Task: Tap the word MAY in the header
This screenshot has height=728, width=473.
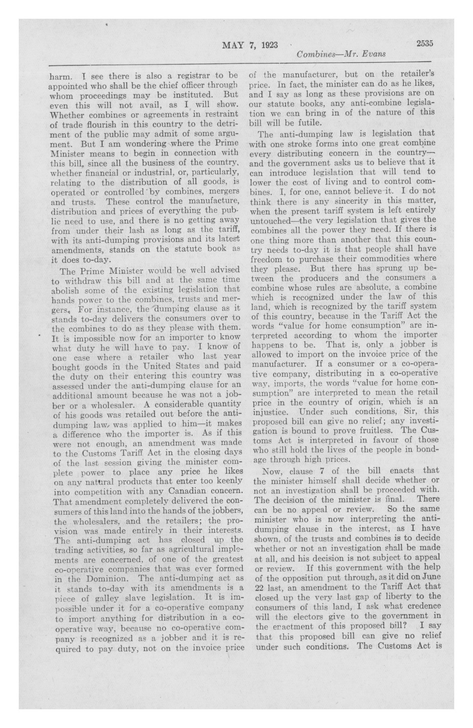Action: (233, 45)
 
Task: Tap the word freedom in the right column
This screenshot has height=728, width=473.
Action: (265, 259)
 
